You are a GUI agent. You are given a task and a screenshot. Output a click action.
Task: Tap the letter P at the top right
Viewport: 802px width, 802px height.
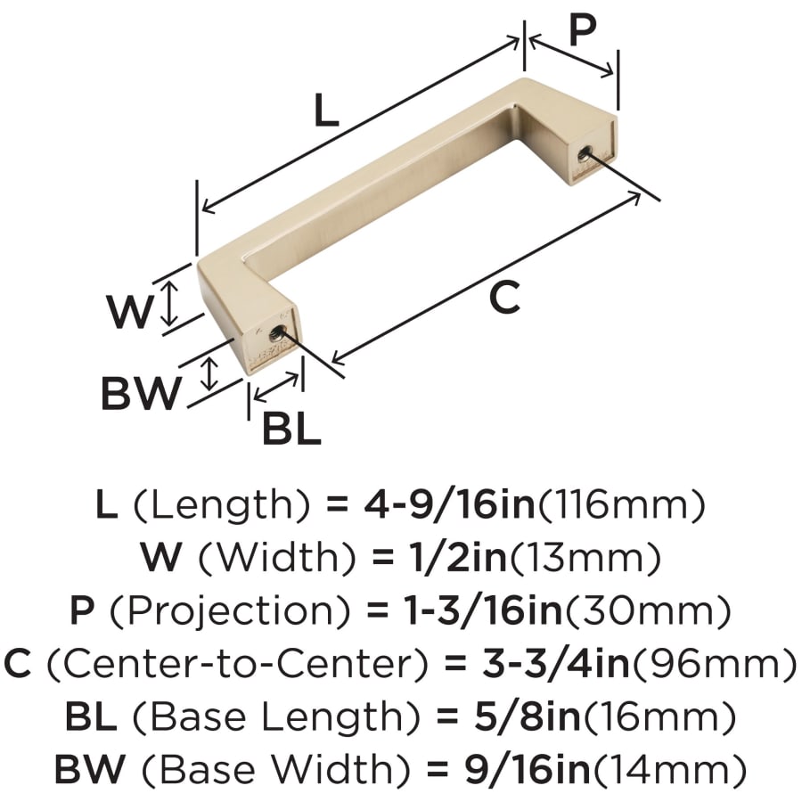583,29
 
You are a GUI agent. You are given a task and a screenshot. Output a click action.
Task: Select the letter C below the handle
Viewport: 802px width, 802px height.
504,298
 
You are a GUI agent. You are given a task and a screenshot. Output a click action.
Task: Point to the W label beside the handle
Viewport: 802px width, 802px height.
130,311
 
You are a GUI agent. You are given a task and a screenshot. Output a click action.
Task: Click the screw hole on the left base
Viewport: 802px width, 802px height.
277,334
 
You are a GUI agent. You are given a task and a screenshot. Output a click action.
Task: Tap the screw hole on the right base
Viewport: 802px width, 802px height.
585,153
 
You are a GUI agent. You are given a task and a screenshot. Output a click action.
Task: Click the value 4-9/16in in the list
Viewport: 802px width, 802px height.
449,504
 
